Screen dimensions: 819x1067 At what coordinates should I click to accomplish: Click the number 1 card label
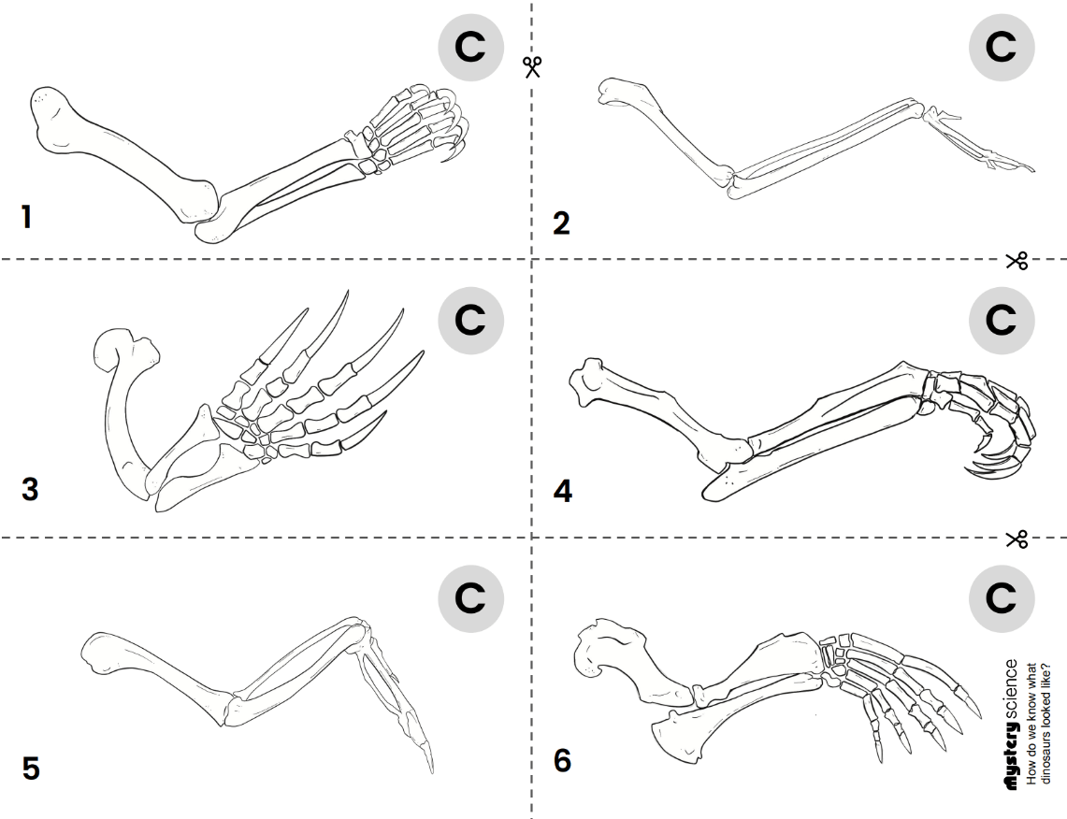[x=27, y=218]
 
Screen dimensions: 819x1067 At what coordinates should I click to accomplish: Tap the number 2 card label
[x=561, y=223]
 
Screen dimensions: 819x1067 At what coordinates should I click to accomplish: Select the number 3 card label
[x=30, y=489]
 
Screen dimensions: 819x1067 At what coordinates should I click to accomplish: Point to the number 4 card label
[x=562, y=491]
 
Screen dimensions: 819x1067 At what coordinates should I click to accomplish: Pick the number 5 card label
[x=31, y=769]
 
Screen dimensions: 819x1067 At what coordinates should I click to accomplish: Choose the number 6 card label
[x=562, y=760]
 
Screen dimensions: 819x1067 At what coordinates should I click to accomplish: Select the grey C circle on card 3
[x=470, y=319]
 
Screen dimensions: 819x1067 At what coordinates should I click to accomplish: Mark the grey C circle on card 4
[x=1001, y=319]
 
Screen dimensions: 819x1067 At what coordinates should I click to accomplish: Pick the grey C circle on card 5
[x=470, y=596]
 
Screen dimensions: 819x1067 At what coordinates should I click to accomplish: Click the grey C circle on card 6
[x=1001, y=596]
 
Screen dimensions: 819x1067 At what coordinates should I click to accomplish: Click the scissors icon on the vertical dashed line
[x=532, y=66]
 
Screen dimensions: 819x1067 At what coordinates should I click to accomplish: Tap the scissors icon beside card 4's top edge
[x=1017, y=260]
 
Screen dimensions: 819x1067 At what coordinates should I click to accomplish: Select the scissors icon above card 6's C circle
[x=1017, y=539]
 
